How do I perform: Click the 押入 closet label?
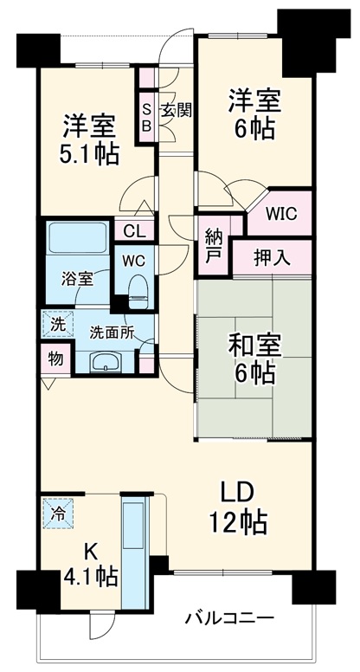(x=271, y=257)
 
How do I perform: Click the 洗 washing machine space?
(x=55, y=325)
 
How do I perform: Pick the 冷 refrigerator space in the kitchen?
(x=59, y=512)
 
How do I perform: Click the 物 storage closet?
(x=55, y=357)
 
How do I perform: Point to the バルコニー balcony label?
(x=231, y=618)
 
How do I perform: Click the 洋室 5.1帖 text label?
(x=89, y=140)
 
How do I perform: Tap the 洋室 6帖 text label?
(x=254, y=113)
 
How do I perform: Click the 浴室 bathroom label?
(x=76, y=280)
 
